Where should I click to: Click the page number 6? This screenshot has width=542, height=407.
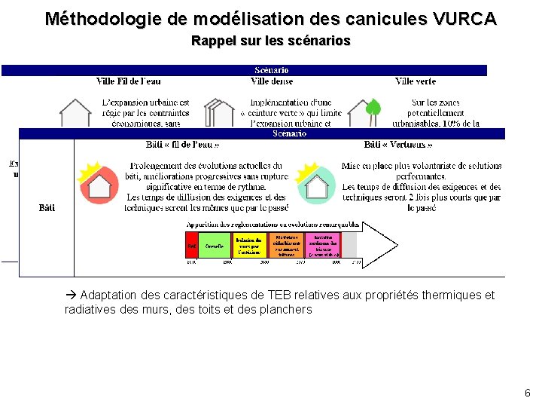pyautogui.click(x=527, y=393)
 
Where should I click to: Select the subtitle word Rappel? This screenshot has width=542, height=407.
pyautogui.click(x=212, y=41)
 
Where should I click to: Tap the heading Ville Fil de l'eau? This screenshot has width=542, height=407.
pyautogui.click(x=129, y=81)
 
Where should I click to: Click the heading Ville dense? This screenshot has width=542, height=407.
pyautogui.click(x=272, y=81)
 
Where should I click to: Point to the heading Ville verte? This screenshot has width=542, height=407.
pyautogui.click(x=416, y=81)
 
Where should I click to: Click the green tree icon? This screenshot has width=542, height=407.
pyautogui.click(x=373, y=108)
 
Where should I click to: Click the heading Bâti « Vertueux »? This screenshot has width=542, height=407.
pyautogui.click(x=398, y=145)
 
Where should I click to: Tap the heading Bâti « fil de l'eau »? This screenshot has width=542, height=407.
pyautogui.click(x=183, y=145)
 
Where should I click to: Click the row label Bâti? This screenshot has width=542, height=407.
pyautogui.click(x=47, y=208)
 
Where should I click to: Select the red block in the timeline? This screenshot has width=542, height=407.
pyautogui.click(x=192, y=245)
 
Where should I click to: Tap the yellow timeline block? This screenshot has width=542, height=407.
pyautogui.click(x=248, y=245)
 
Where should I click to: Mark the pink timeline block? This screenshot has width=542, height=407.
pyautogui.click(x=324, y=245)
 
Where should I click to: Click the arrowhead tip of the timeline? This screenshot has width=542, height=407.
pyautogui.click(x=396, y=244)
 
